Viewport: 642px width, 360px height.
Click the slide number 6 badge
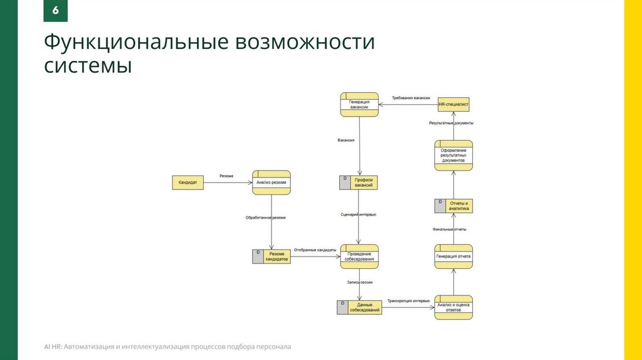point(56,12)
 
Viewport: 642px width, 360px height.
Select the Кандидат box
point(188,183)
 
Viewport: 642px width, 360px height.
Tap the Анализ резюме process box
point(271,183)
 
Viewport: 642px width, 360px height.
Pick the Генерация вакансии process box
point(359,105)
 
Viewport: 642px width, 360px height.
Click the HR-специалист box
point(453,105)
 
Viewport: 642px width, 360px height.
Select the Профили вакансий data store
point(359,183)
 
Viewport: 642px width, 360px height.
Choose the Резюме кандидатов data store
point(271,256)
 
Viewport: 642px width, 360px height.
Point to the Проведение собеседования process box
point(359,256)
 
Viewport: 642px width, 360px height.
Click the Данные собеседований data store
point(359,307)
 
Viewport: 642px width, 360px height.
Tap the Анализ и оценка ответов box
point(453,307)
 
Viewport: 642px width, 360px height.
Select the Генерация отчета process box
point(453,256)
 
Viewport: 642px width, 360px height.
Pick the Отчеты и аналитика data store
point(453,206)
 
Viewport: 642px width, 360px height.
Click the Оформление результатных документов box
point(453,156)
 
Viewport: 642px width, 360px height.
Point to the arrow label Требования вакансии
point(411,98)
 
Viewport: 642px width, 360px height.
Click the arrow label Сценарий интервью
point(359,215)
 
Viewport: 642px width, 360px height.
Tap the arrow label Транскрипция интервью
point(408,301)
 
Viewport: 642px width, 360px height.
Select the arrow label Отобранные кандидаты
point(315,250)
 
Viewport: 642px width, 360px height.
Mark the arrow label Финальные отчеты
point(450,230)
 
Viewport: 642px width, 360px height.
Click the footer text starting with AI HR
point(167,346)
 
